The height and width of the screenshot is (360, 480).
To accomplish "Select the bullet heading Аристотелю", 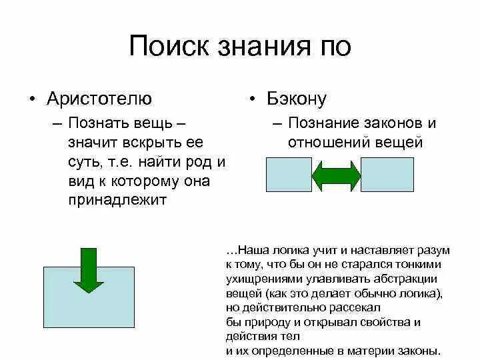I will (x=99, y=99).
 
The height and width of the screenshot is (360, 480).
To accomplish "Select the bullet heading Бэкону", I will (x=297, y=99).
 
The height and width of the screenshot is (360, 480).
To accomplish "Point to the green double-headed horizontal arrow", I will (x=337, y=175).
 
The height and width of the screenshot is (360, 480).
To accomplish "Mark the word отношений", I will (x=323, y=142).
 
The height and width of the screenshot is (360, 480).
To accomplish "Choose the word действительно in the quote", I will (x=279, y=307).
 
